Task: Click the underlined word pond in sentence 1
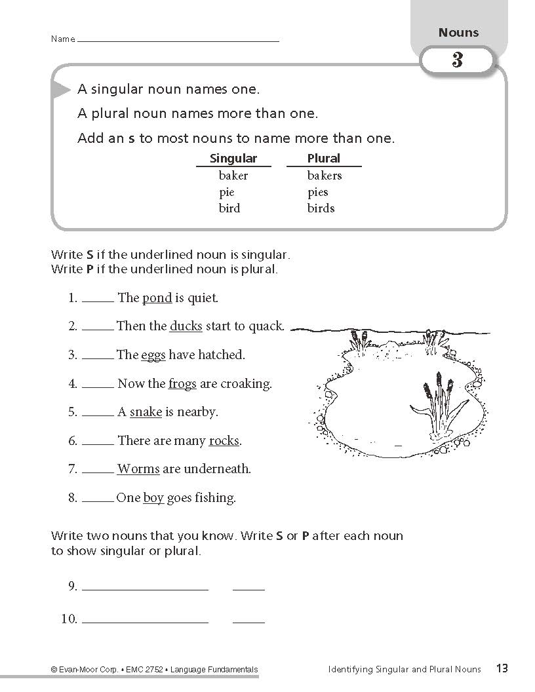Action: pos(157,298)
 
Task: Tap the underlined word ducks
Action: pos(186,326)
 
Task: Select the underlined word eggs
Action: pos(153,355)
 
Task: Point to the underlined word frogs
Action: pos(182,384)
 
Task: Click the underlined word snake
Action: pos(146,412)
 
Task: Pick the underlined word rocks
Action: pos(224,441)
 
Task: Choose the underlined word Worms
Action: pos(138,469)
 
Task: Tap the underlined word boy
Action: pos(153,498)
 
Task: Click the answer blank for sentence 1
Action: pos(97,300)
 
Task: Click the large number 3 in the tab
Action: pos(457,61)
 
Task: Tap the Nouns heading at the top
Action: pos(458,33)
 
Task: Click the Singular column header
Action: pos(233,159)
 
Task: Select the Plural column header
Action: pos(323,159)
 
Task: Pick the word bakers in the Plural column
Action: pos(325,176)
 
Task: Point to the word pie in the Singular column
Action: pos(226,192)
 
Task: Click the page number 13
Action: pos(502,669)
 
